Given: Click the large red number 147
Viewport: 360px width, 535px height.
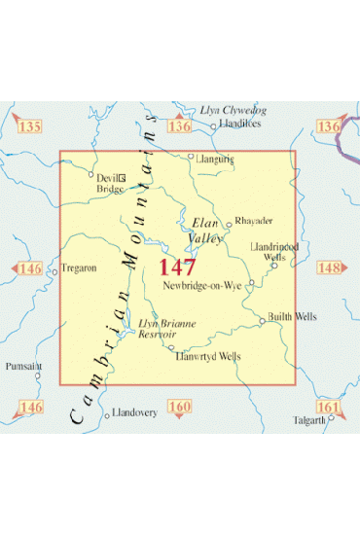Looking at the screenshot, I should click(177, 267).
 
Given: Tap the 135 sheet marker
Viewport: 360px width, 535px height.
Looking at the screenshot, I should click(29, 127).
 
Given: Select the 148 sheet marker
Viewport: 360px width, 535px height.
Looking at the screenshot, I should click(330, 267).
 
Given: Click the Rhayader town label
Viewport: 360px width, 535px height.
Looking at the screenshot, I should click(251, 221).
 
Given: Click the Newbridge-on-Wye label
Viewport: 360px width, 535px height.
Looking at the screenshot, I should click(202, 285).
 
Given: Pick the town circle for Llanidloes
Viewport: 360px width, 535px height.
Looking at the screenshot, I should click(214, 125).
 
